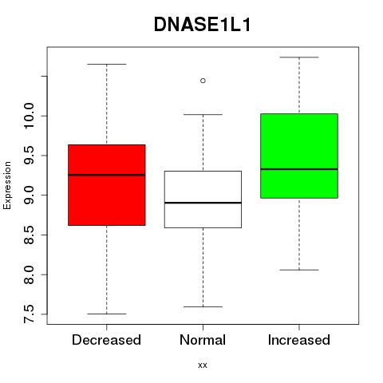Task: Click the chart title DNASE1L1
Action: click(x=203, y=25)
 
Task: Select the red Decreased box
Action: click(x=107, y=185)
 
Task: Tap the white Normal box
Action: click(x=203, y=199)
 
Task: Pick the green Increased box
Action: click(x=299, y=156)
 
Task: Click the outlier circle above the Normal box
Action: click(x=203, y=81)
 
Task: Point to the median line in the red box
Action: click(x=107, y=175)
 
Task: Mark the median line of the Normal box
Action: click(x=203, y=203)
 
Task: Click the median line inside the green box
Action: click(x=299, y=169)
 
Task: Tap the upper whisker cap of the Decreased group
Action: click(x=107, y=64)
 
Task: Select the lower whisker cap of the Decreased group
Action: click(x=107, y=314)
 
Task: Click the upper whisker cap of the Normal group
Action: click(x=203, y=114)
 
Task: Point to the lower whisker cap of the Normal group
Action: click(x=203, y=306)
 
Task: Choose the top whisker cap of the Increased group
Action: click(x=299, y=57)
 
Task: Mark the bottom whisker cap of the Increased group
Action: click(x=299, y=270)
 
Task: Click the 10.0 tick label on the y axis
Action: click(x=29, y=116)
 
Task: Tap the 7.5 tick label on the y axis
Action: click(x=29, y=314)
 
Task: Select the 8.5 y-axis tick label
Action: click(x=29, y=235)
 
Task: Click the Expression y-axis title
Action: click(x=7, y=185)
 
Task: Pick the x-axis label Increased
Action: click(x=299, y=340)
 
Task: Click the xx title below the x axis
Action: click(x=203, y=365)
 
